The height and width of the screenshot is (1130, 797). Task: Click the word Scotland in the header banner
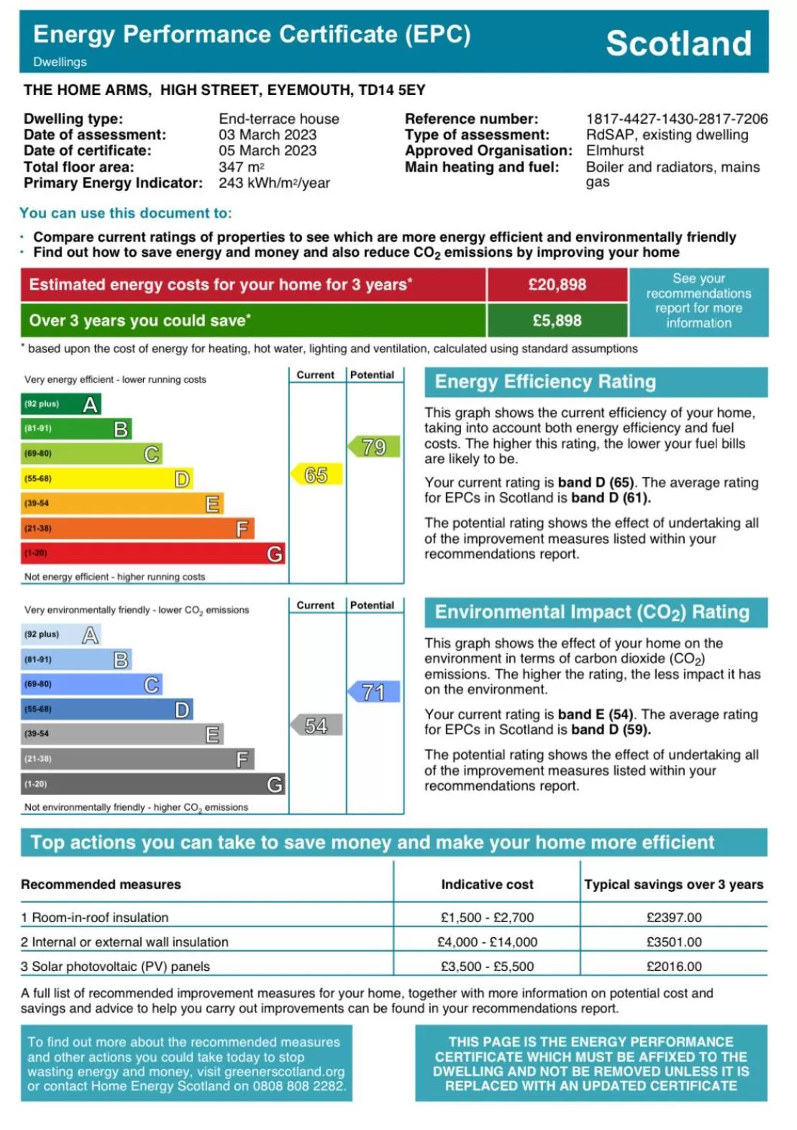(678, 43)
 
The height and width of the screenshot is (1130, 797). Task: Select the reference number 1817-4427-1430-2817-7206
(676, 119)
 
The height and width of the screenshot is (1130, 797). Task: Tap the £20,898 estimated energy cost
(557, 285)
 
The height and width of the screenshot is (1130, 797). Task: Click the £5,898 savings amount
(557, 321)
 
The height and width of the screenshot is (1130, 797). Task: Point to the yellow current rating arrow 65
(316, 475)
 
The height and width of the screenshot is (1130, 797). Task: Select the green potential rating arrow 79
(374, 447)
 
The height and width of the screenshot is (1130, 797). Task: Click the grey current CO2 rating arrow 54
(316, 725)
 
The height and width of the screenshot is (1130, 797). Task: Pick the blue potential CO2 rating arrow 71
(374, 692)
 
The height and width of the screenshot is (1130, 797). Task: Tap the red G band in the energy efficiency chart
(152, 553)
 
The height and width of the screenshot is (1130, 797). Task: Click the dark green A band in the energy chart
(61, 404)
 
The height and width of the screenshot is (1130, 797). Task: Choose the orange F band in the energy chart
(137, 529)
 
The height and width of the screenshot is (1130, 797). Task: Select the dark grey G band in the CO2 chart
(152, 784)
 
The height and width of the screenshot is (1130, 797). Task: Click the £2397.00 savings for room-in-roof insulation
(674, 917)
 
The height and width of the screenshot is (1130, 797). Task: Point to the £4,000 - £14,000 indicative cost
(487, 942)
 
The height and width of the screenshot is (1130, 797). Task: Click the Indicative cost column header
(487, 884)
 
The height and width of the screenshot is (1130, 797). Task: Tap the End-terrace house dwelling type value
(278, 119)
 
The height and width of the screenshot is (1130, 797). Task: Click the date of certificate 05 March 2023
(268, 150)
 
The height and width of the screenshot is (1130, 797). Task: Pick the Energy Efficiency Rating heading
(545, 382)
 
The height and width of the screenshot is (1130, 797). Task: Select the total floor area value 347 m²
(242, 167)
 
